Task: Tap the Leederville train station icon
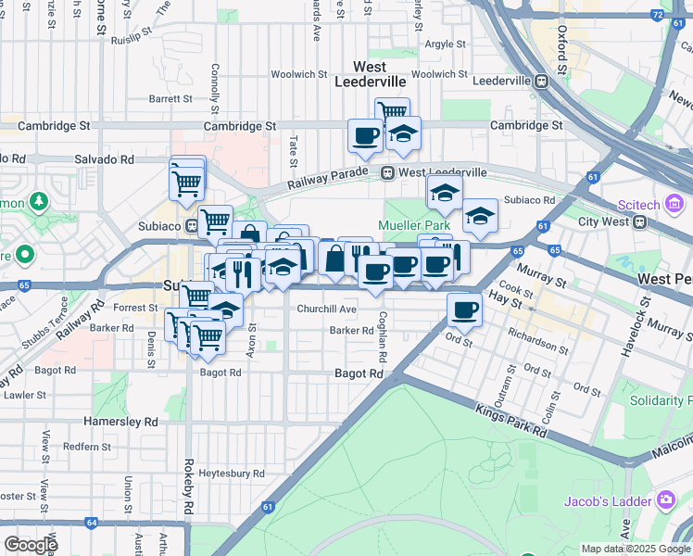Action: [538, 81]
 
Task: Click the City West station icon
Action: [638, 222]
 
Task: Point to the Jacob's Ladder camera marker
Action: [665, 501]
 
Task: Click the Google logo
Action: [30, 544]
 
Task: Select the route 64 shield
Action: [91, 523]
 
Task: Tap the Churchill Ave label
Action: [326, 309]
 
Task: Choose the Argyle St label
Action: [445, 44]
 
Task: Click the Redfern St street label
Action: [87, 447]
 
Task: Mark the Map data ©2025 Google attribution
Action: [635, 549]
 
